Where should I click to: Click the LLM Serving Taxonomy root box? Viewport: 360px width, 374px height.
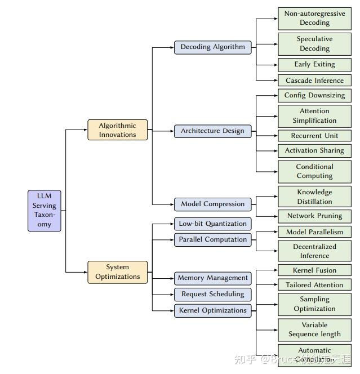click(45, 211)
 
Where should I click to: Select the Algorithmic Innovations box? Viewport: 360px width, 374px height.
click(118, 130)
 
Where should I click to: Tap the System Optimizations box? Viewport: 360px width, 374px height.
click(118, 272)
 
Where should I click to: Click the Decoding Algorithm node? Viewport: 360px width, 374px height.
click(212, 47)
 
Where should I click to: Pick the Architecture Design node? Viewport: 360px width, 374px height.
click(212, 131)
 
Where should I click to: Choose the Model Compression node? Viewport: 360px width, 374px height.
click(212, 204)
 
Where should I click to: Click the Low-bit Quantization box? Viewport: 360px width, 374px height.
click(212, 224)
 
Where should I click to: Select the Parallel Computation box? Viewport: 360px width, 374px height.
click(212, 239)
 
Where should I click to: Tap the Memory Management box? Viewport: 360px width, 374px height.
click(212, 278)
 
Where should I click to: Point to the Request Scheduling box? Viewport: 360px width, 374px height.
click(212, 294)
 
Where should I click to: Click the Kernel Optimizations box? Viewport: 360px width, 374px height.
click(212, 310)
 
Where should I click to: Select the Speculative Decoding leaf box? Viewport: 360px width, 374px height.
click(314, 44)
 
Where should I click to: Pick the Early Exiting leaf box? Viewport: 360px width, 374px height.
click(314, 64)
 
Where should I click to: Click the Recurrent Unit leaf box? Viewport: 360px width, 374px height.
click(314, 136)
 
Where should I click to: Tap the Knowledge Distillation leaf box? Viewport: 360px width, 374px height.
click(314, 197)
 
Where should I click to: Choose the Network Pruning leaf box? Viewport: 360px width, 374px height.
click(314, 216)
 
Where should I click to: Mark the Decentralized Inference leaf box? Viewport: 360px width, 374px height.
click(314, 251)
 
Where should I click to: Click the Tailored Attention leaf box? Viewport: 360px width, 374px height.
click(314, 285)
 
